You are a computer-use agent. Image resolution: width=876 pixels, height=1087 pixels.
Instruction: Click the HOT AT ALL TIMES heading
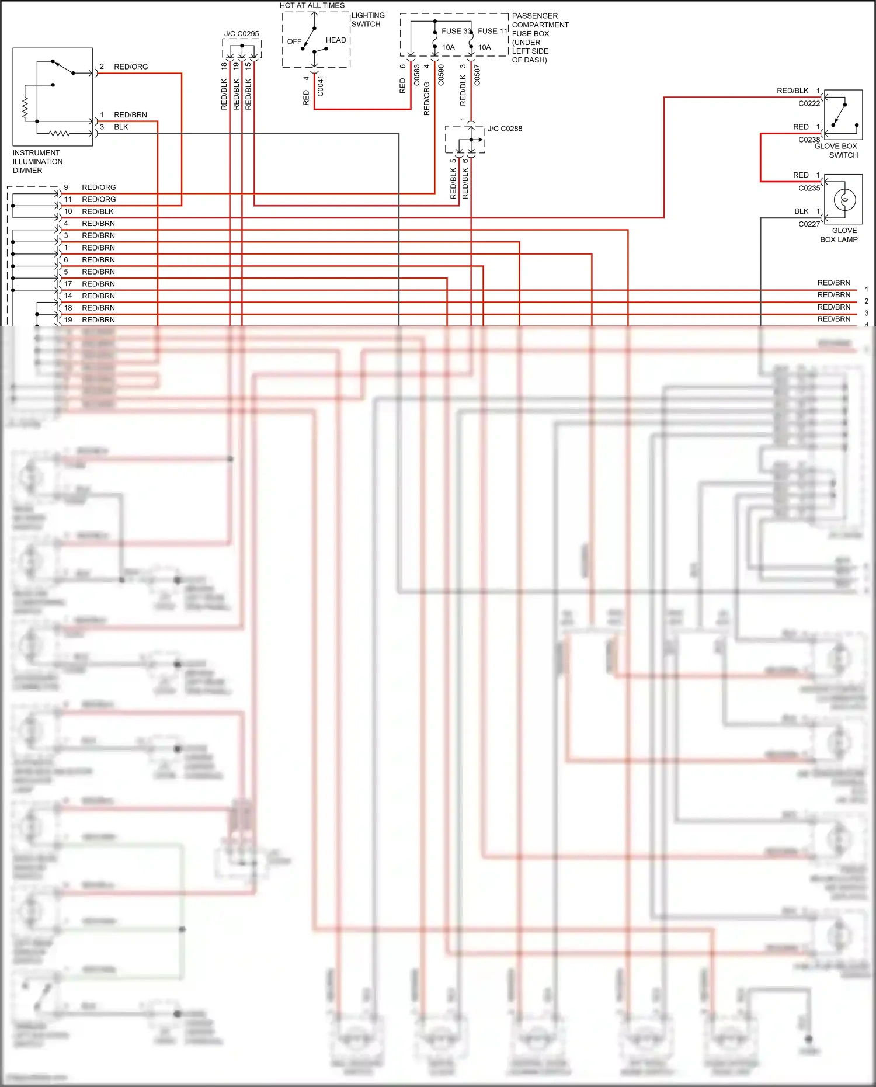pyautogui.click(x=312, y=5)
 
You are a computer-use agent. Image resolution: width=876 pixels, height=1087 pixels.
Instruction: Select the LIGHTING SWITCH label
pyautogui.click(x=367, y=20)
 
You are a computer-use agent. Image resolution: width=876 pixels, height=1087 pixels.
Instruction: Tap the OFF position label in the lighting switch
pyautogui.click(x=294, y=41)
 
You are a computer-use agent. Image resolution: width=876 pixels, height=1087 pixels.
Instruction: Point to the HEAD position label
pyautogui.click(x=336, y=40)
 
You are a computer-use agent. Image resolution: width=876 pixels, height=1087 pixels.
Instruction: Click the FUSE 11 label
pyautogui.click(x=493, y=31)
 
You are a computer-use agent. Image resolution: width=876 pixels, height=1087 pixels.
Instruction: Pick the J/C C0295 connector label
pyautogui.click(x=241, y=34)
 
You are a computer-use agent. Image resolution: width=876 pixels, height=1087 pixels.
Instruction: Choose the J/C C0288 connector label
pyautogui.click(x=505, y=129)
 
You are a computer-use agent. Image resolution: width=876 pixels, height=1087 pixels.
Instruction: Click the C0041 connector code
pyautogui.click(x=320, y=86)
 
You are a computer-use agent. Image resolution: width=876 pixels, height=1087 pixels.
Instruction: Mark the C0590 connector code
pyautogui.click(x=441, y=75)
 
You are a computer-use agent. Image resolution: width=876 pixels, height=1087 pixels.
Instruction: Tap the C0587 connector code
pyautogui.click(x=477, y=75)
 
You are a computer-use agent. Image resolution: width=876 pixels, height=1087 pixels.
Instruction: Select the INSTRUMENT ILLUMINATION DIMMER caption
pyautogui.click(x=37, y=162)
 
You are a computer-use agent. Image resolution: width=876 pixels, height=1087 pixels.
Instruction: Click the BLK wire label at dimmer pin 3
pyautogui.click(x=121, y=127)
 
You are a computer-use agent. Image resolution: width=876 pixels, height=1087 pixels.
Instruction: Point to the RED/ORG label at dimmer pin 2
pyautogui.click(x=131, y=67)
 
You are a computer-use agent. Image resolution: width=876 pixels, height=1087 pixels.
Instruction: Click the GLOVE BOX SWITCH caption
pyautogui.click(x=836, y=151)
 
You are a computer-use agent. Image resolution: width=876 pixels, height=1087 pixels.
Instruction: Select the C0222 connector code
pyautogui.click(x=809, y=103)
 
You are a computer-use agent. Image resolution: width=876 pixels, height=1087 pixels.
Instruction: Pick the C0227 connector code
pyautogui.click(x=809, y=224)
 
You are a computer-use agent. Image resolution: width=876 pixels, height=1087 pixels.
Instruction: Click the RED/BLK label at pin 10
pyautogui.click(x=98, y=211)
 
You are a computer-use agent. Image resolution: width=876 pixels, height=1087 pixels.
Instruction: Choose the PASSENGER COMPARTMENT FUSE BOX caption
pyautogui.click(x=540, y=38)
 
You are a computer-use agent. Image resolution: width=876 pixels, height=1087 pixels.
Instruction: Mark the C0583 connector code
pyautogui.click(x=417, y=75)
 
